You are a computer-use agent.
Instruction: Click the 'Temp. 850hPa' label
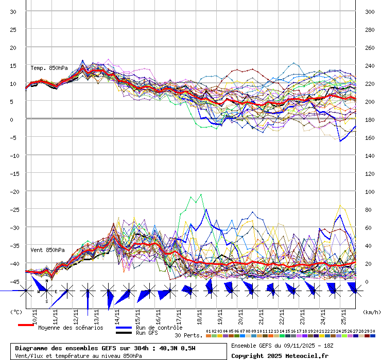click(x=49, y=68)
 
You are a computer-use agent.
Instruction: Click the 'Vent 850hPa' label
click(x=47, y=250)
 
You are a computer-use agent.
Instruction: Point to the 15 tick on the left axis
click(x=13, y=65)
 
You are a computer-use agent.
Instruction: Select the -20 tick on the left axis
click(x=13, y=191)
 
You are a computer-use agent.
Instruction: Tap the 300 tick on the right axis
click(x=369, y=11)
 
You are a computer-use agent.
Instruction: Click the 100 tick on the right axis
click(x=369, y=191)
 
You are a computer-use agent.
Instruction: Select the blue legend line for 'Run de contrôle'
click(x=124, y=327)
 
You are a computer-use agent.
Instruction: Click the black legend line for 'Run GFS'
click(x=124, y=333)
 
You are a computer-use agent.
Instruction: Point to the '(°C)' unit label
click(x=16, y=312)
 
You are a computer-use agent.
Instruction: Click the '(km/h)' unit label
click(x=371, y=312)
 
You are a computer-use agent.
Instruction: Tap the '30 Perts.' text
click(x=188, y=335)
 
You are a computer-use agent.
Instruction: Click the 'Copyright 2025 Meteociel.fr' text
click(x=280, y=355)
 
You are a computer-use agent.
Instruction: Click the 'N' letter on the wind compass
click(x=47, y=281)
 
